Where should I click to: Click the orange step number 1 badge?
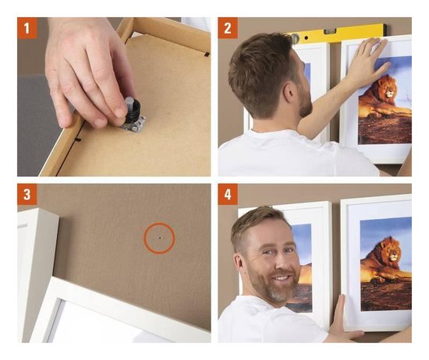click(27, 27)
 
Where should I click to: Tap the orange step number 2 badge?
click(228, 27)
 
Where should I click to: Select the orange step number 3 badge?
click(27, 194)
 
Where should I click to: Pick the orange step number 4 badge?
click(228, 194)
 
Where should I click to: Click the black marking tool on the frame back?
click(133, 109)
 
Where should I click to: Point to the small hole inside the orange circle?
click(160, 238)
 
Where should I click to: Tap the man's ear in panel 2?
click(289, 93)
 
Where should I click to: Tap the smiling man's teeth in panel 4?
click(280, 278)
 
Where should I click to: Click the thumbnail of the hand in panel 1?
click(121, 113)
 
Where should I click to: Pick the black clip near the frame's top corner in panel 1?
click(207, 55)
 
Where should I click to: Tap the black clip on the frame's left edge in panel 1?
click(78, 139)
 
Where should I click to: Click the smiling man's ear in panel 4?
click(239, 263)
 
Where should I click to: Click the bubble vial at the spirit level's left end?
click(295, 38)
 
